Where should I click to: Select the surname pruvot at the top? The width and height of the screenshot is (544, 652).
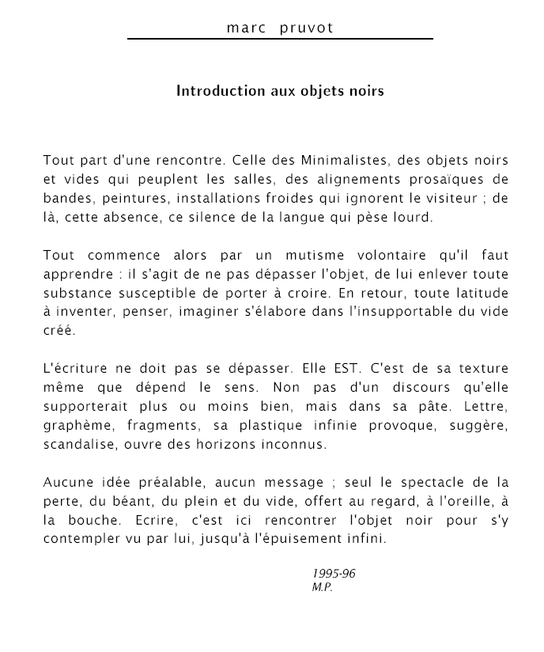pyautogui.click(x=307, y=28)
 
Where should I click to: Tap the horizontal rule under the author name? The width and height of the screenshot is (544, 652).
pyautogui.click(x=280, y=38)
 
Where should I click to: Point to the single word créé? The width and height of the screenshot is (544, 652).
pyautogui.click(x=59, y=330)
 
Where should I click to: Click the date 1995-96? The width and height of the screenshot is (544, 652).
pyautogui.click(x=334, y=574)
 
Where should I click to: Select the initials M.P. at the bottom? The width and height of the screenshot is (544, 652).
pyautogui.click(x=323, y=588)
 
